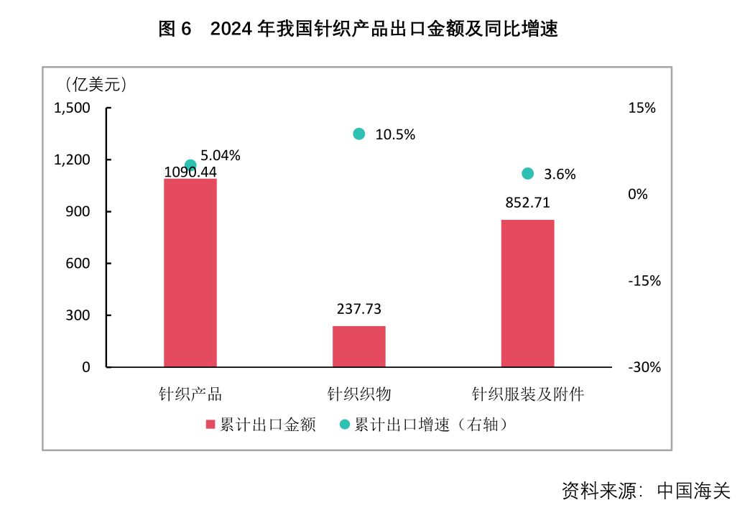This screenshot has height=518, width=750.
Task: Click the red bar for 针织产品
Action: point(190,273)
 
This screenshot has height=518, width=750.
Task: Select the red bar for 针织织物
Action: point(359,346)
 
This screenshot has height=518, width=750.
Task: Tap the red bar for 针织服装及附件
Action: point(527,293)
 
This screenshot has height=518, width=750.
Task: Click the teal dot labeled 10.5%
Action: point(359,134)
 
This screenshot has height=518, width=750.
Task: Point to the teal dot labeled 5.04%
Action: point(190,165)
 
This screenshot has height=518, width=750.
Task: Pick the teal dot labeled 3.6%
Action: point(527,173)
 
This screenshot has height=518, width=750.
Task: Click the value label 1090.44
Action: point(190,172)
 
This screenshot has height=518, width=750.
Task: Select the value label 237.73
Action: point(359,309)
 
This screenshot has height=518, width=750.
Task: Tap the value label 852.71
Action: point(527,203)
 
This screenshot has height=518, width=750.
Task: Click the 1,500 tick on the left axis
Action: point(72,108)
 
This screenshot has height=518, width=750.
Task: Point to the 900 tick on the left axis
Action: point(77,211)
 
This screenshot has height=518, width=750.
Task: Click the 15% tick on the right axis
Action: point(642,108)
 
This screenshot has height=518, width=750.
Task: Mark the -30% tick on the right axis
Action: point(644,367)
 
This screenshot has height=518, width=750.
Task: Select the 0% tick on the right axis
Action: point(638,194)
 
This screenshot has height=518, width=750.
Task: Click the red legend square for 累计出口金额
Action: point(210,425)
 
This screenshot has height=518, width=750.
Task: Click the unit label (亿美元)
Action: point(96,85)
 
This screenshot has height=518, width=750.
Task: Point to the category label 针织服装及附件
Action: point(527,394)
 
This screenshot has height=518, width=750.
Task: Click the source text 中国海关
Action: point(693,491)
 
